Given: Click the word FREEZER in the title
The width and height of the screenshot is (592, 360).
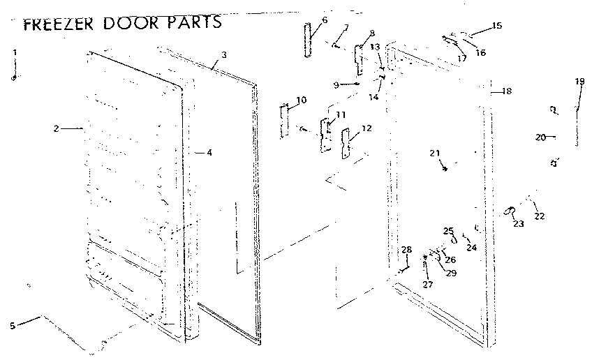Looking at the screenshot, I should (x=58, y=24).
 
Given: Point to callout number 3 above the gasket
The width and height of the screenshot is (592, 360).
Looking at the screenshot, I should (x=223, y=54).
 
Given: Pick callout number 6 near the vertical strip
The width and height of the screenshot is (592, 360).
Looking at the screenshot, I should (x=325, y=20).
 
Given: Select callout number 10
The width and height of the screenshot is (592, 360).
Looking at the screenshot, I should (x=301, y=100).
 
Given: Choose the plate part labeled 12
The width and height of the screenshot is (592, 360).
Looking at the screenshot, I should (x=346, y=143).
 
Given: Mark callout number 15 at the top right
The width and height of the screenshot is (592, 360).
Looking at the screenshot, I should (x=496, y=26).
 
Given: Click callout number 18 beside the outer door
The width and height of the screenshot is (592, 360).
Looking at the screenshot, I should (x=507, y=91).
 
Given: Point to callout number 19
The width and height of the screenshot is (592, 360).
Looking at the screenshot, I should (x=579, y=82).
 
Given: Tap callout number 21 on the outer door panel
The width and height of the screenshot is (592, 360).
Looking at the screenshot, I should (x=435, y=153).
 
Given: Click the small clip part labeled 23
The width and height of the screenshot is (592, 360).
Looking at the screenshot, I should (x=511, y=210).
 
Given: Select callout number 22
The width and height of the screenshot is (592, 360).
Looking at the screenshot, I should (x=539, y=216).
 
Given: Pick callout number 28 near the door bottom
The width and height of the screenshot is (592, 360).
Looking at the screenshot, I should (x=406, y=250).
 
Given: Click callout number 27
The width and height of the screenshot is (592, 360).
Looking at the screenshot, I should (x=427, y=284).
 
